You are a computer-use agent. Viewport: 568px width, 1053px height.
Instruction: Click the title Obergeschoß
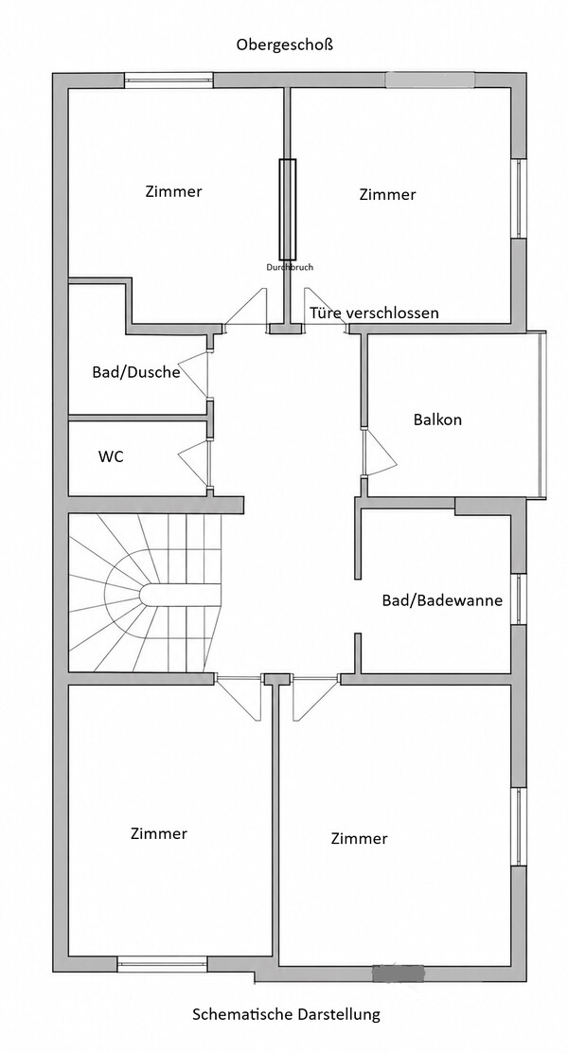tap(285, 45)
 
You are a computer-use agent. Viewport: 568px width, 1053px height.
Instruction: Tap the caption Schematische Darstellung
tap(286, 1013)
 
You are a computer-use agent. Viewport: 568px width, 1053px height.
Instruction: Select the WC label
tap(111, 456)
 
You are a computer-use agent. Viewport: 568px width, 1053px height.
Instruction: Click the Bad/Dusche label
tap(136, 372)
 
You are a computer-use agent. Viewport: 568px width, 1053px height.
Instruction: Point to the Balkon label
tap(437, 419)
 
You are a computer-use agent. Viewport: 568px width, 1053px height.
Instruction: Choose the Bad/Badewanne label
tap(442, 600)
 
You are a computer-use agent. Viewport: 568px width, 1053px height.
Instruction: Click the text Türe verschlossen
tap(374, 312)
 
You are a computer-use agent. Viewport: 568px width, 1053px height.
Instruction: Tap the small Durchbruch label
tap(290, 267)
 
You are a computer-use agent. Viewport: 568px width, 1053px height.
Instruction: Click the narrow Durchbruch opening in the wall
tap(288, 209)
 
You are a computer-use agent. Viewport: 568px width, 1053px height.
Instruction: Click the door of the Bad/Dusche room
tap(195, 374)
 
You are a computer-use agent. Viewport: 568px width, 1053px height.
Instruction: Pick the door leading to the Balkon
tap(380, 454)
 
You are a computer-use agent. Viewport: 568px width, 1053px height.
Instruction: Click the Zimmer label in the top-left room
tap(173, 191)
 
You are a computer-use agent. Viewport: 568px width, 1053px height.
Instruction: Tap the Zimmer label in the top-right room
tap(387, 195)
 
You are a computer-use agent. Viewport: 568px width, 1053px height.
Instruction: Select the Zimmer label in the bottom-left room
tap(159, 834)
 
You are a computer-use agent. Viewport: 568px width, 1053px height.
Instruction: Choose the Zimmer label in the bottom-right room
tap(359, 839)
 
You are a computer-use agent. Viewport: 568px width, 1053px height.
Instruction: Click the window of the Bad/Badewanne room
tap(519, 599)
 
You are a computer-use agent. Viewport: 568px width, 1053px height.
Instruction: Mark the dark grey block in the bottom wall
tap(399, 972)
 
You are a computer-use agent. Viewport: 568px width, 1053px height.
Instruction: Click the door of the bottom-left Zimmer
tap(239, 699)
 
